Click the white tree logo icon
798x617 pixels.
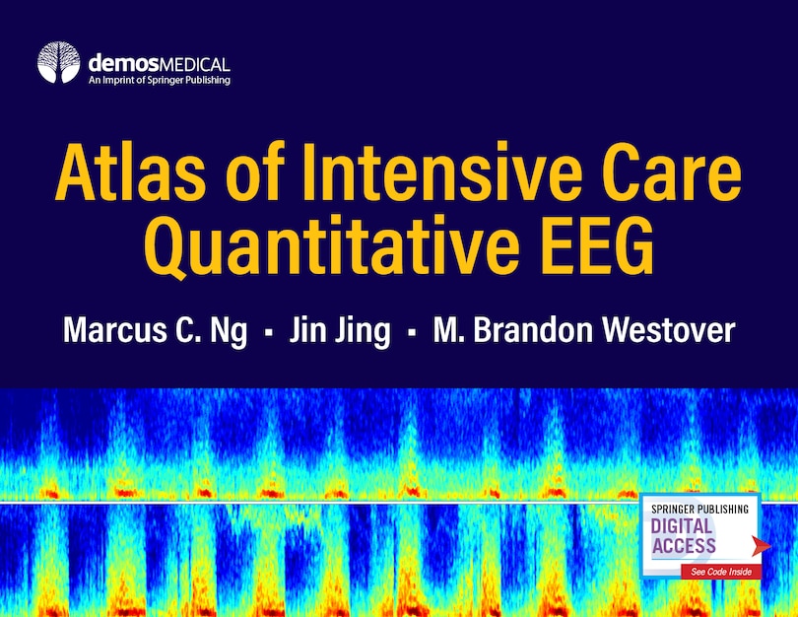pos(58,62)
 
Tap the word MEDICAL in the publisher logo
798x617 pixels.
pos(192,58)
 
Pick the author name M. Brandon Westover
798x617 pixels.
pos(583,330)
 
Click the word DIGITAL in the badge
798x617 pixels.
pos(682,525)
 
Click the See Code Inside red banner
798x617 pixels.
pos(719,573)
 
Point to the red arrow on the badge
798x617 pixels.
pos(756,543)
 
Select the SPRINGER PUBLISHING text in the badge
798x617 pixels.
pos(698,509)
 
